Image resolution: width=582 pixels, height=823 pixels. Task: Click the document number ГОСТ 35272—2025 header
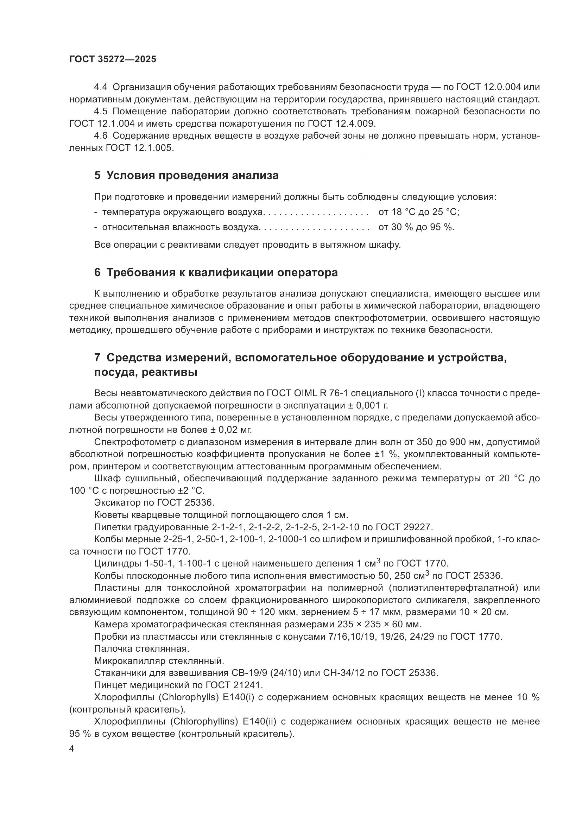click(x=113, y=59)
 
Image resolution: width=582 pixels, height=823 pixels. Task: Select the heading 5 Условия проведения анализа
click(x=186, y=176)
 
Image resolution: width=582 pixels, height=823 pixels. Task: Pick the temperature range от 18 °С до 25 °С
click(x=419, y=212)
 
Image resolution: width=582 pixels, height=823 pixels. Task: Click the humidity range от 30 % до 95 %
click(x=416, y=227)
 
